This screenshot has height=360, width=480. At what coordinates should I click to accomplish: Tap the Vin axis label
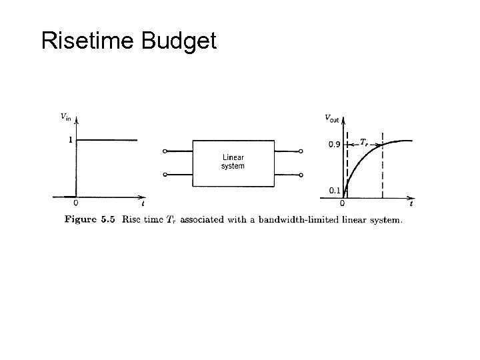coord(65,117)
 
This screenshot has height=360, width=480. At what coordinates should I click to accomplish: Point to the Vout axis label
coord(331,118)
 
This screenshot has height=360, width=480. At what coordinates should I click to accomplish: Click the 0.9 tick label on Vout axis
coord(335,144)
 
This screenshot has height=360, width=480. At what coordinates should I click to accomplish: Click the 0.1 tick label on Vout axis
coord(335,191)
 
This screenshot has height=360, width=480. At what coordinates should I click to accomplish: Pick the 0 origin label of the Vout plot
coord(342,203)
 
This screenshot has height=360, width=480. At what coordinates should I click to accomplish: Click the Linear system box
coord(233,163)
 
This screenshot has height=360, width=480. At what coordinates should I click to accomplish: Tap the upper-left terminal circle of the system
coord(165,151)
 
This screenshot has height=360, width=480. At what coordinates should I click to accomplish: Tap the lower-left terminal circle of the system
coord(165,175)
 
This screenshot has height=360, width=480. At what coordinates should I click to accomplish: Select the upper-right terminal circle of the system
coord(301,151)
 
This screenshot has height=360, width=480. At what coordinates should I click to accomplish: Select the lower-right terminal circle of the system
coord(301,175)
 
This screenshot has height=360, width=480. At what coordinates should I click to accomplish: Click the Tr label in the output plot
coord(364,141)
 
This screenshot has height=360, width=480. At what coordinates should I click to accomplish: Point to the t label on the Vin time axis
coord(143,203)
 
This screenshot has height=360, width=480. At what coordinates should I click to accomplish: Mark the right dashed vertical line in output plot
coord(383,173)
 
